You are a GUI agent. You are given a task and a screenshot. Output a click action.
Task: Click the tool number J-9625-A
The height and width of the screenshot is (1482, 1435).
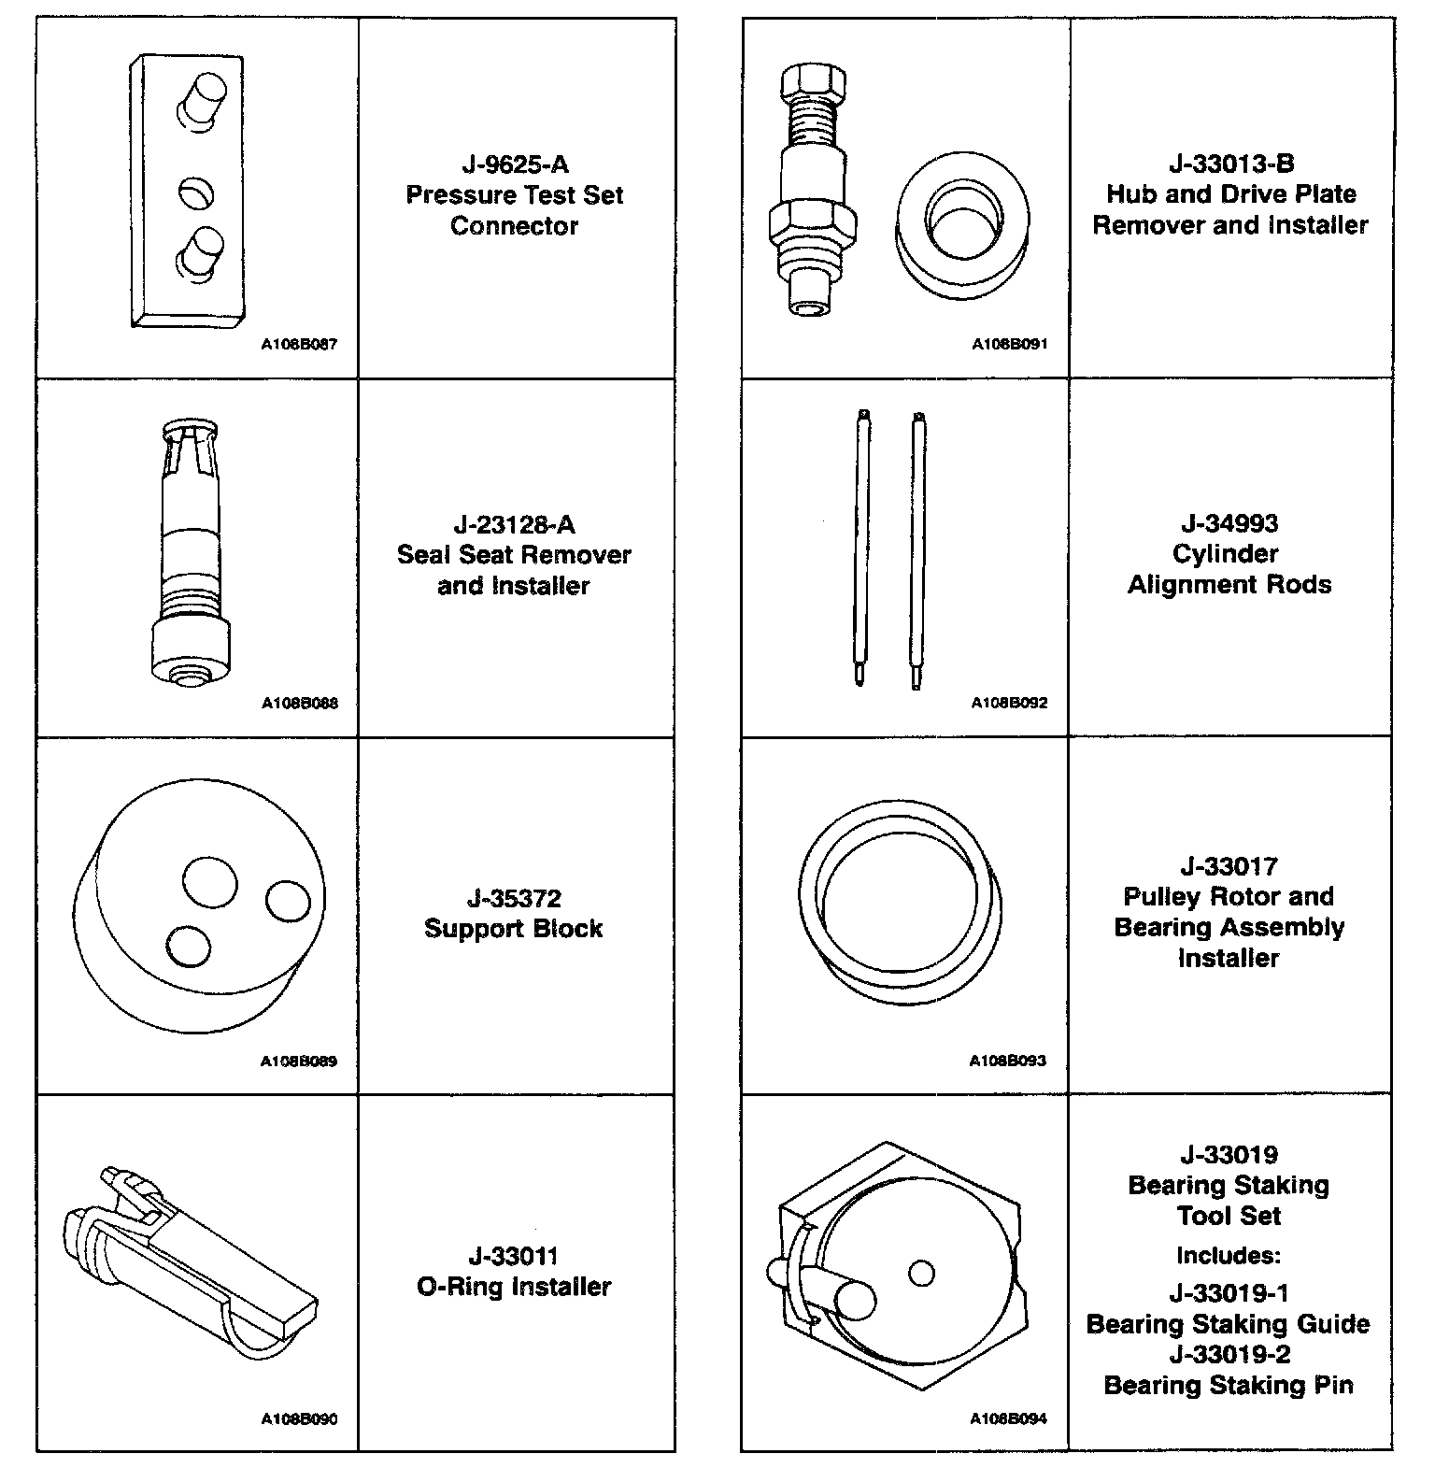coord(515,165)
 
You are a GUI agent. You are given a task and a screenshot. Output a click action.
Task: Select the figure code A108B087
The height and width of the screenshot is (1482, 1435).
coord(299,344)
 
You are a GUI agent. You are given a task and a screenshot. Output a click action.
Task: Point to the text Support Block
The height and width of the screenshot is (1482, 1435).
coord(513,929)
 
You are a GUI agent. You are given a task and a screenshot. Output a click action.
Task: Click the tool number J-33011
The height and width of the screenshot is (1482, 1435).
coord(513,1256)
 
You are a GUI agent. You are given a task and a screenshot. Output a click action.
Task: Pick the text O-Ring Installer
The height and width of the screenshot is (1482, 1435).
coord(513,1287)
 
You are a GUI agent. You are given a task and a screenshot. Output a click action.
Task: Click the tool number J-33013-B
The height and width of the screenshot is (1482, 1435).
coord(1230,164)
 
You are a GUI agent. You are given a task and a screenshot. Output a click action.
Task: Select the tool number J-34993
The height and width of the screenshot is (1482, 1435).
coord(1229,523)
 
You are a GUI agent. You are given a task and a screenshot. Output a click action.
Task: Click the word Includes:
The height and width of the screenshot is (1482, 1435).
coord(1228,1255)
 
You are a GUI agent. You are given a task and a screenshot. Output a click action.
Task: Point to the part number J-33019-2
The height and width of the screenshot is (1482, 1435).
coord(1228,1354)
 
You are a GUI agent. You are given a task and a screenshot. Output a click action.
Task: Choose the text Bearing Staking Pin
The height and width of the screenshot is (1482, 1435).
coord(1228,1385)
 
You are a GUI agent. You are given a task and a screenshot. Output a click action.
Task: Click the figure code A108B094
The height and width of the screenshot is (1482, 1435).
coord(1009,1418)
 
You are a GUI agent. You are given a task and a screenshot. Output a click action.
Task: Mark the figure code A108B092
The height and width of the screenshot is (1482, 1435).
coord(1009,703)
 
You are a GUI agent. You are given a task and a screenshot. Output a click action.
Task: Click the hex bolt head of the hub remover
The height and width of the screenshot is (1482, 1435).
coord(811,83)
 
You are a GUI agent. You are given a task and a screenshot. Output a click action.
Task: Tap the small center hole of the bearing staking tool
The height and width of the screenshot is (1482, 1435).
coord(921,1273)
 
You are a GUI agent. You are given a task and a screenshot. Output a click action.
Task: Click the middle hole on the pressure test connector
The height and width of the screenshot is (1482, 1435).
coord(196,193)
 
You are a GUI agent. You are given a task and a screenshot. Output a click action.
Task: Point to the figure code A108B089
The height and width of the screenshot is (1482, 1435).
coord(299,1062)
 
